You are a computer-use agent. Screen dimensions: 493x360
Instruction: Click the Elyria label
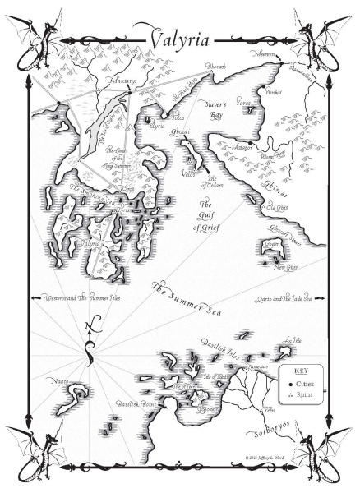156,127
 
